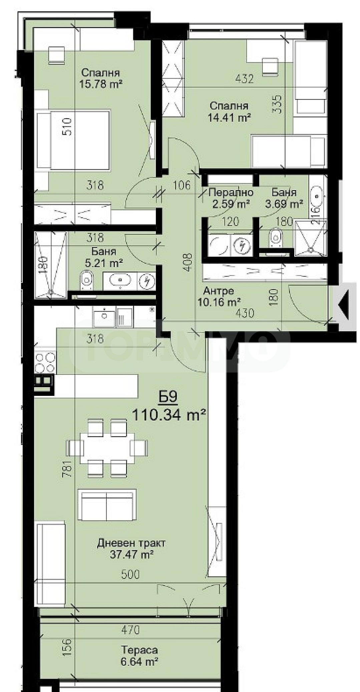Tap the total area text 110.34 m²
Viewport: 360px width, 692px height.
[x=168, y=415]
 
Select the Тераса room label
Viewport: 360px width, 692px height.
[x=139, y=650]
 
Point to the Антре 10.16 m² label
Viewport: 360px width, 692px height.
[x=219, y=296]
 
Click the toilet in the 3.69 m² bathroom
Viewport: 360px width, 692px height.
[x=276, y=237]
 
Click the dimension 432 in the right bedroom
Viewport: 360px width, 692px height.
[x=244, y=79]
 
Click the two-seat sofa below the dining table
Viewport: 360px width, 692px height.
[x=107, y=505]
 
